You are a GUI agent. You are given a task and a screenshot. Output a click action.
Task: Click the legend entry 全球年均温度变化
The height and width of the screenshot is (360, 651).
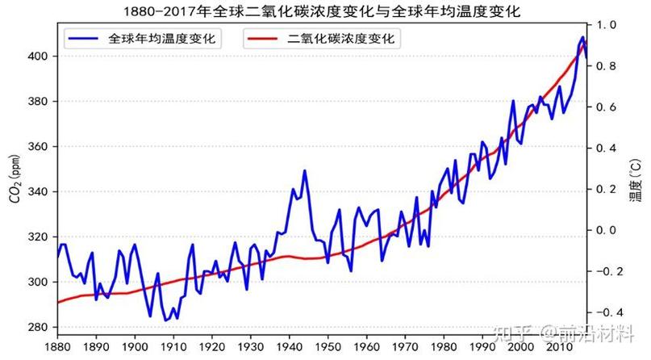pyautogui.click(x=165, y=38)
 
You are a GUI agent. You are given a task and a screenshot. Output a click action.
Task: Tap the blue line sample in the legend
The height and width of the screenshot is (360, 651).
pyautogui.click(x=83, y=38)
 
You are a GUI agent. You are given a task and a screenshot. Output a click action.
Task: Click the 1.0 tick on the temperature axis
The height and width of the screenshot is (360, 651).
pyautogui.click(x=605, y=25)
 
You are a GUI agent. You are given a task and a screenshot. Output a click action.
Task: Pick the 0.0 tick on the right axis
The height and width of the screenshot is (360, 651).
pyautogui.click(x=605, y=230)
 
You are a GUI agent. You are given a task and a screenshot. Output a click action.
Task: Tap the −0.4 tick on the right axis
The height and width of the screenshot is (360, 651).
pyautogui.click(x=603, y=312)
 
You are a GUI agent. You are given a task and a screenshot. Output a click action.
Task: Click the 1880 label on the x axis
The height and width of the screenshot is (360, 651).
pyautogui.click(x=57, y=345)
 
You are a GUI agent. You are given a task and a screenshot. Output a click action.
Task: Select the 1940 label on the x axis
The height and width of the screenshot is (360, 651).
pyautogui.click(x=289, y=345)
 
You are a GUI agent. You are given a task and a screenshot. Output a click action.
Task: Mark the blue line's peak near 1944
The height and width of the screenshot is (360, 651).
pyautogui.click(x=304, y=170)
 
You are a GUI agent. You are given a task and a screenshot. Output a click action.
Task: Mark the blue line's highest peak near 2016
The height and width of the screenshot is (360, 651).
pyautogui.click(x=582, y=37)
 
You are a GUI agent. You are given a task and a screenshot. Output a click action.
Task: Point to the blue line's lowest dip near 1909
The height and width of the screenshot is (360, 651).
pyautogui.click(x=166, y=320)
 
